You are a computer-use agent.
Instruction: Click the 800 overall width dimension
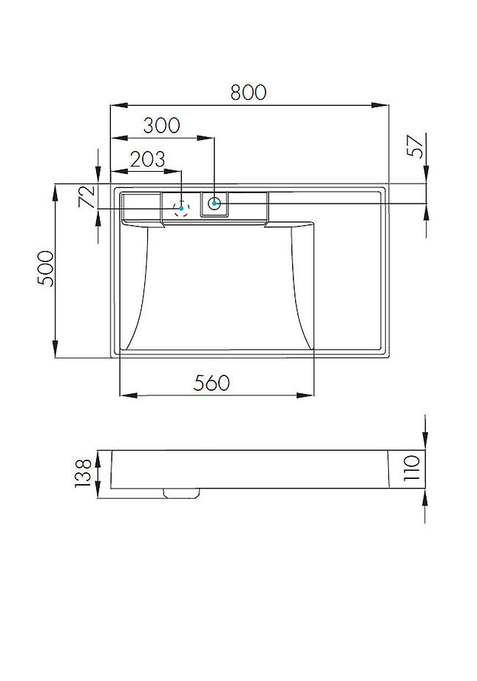(248, 93)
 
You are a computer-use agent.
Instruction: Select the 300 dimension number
(161, 125)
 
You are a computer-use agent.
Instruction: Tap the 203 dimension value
(147, 159)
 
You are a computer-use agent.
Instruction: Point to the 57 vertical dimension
(416, 146)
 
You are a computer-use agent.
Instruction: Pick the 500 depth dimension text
(46, 269)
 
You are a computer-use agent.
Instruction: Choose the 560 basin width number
(212, 383)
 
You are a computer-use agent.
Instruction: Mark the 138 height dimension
(83, 473)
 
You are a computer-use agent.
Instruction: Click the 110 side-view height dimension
(412, 469)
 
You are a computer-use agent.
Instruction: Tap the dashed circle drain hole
(180, 208)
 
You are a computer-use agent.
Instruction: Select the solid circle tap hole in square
(214, 203)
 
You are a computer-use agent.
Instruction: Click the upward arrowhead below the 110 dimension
(425, 497)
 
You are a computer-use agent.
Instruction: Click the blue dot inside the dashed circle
(180, 208)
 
